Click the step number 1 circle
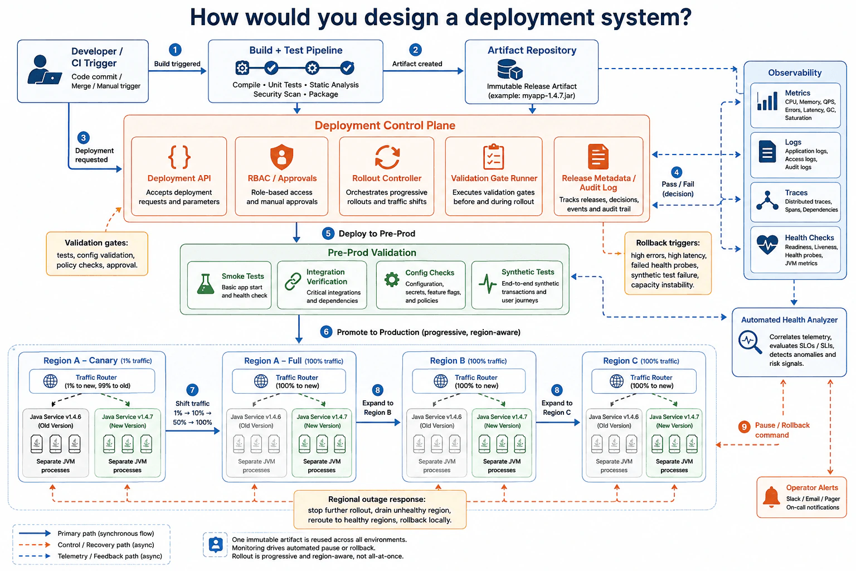175,50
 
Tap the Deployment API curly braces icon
179,157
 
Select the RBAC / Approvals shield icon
281,157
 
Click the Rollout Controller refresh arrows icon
387,157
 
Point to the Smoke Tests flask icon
206,284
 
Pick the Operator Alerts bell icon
771,497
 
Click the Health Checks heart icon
767,244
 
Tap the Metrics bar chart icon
767,101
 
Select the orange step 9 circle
743,427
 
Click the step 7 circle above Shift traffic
192,390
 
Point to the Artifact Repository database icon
510,69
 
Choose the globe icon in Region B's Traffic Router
441,381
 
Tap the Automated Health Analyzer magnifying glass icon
750,342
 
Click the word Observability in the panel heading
795,72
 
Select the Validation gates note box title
96,243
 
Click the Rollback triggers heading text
668,243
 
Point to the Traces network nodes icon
767,200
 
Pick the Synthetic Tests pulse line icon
488,284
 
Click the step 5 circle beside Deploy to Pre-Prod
328,233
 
